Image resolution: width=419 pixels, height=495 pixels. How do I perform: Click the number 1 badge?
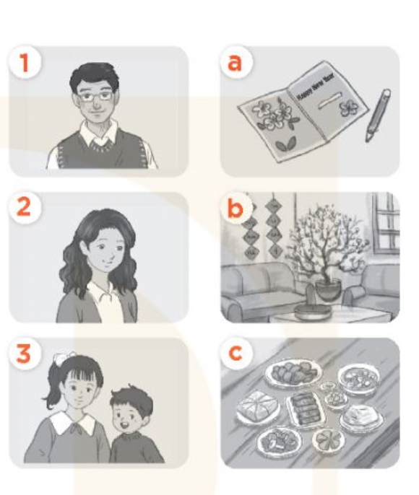pyautogui.click(x=26, y=63)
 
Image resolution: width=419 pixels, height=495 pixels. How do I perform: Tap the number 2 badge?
pyautogui.click(x=26, y=209)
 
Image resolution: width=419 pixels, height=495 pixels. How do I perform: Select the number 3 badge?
pyautogui.click(x=26, y=354)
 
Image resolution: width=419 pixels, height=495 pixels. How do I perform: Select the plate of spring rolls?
pyautogui.click(x=304, y=410)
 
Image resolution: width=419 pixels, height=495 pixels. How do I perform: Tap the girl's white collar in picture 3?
pyautogui.click(x=73, y=422)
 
